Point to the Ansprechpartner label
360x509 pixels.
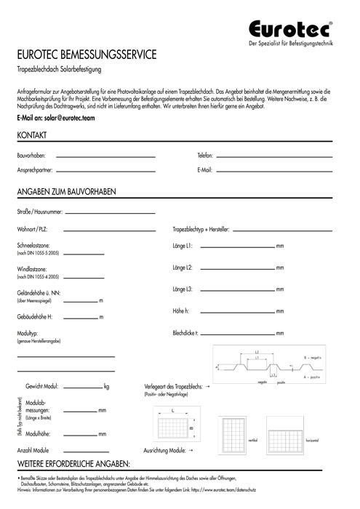[x=35, y=171]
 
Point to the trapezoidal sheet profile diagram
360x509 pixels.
[x=269, y=367]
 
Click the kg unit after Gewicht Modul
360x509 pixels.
[x=107, y=386]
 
